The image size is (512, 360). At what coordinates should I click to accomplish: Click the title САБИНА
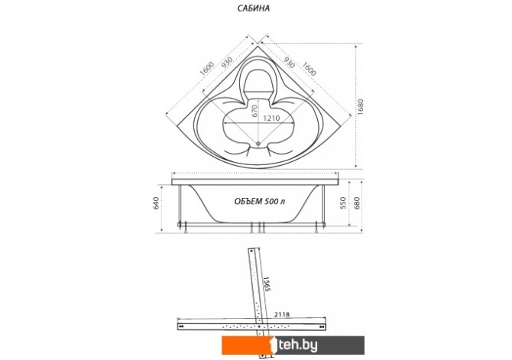(x=254, y=8)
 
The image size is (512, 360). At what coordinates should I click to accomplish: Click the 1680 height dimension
(x=361, y=107)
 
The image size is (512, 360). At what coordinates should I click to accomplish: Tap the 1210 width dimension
(x=272, y=118)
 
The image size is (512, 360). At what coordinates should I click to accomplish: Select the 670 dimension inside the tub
(x=254, y=110)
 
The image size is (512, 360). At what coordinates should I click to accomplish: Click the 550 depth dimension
(x=343, y=203)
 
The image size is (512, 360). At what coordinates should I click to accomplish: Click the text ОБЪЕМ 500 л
(x=260, y=201)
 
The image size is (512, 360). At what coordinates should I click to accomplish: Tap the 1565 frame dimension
(x=267, y=284)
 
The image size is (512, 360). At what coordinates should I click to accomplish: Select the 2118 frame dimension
(x=282, y=315)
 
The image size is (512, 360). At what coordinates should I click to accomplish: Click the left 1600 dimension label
(x=206, y=69)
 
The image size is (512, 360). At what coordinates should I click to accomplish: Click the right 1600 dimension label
(x=309, y=69)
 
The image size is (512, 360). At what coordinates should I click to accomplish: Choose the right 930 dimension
(x=289, y=62)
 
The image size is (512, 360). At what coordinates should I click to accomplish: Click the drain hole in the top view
(x=258, y=143)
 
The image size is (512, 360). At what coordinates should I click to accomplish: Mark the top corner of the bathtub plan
(x=258, y=47)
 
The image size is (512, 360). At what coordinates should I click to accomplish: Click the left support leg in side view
(x=180, y=205)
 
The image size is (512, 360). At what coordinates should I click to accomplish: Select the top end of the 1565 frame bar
(x=255, y=249)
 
